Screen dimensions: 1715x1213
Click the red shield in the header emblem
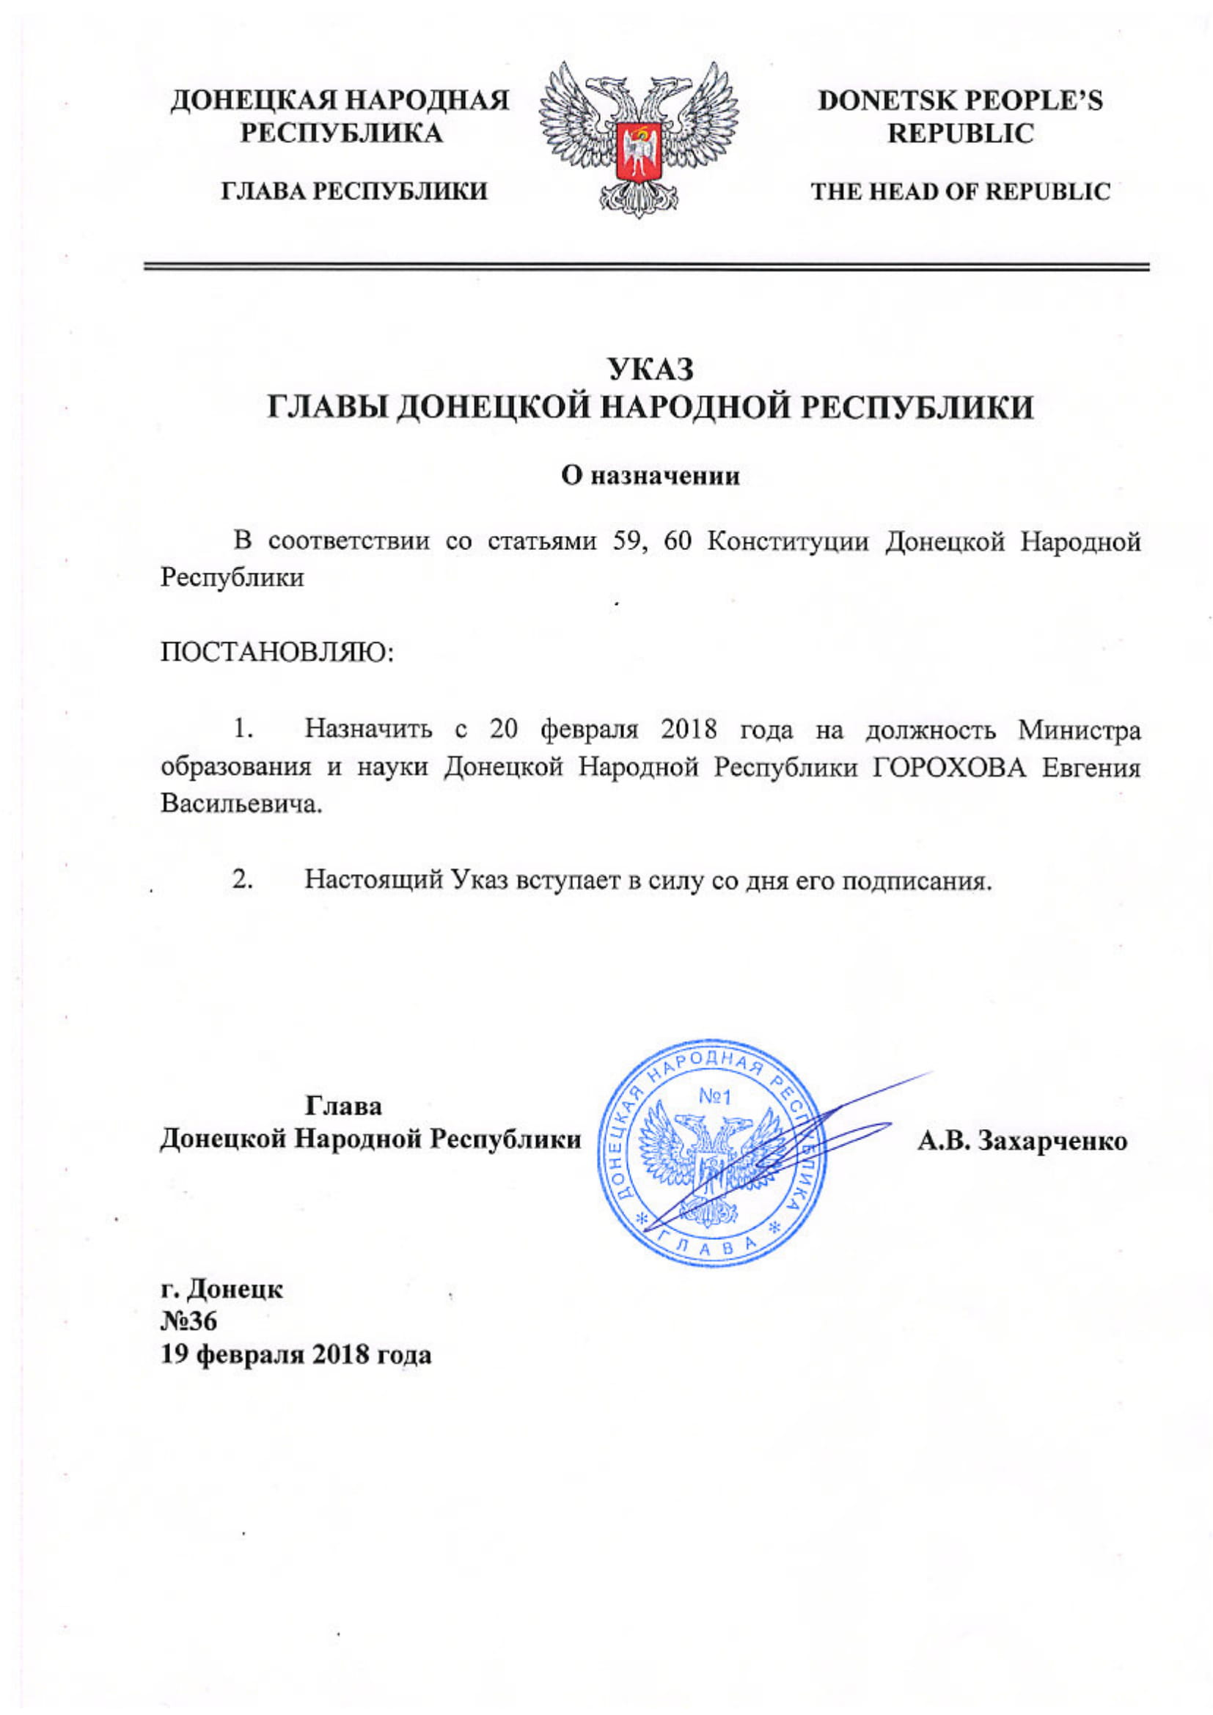click(x=639, y=152)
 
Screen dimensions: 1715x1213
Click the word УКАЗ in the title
click(x=650, y=370)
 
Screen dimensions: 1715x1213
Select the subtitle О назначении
click(x=651, y=476)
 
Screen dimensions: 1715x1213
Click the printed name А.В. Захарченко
click(x=1022, y=1141)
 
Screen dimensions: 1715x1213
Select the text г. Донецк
click(x=221, y=1288)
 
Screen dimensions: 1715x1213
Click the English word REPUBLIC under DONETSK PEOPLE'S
click(x=961, y=134)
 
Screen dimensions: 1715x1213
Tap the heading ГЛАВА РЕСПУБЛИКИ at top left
click(x=354, y=192)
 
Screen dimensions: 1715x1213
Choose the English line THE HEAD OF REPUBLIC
click(x=961, y=192)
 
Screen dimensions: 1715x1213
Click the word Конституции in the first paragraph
click(x=788, y=541)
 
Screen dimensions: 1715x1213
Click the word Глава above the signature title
click(x=343, y=1106)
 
